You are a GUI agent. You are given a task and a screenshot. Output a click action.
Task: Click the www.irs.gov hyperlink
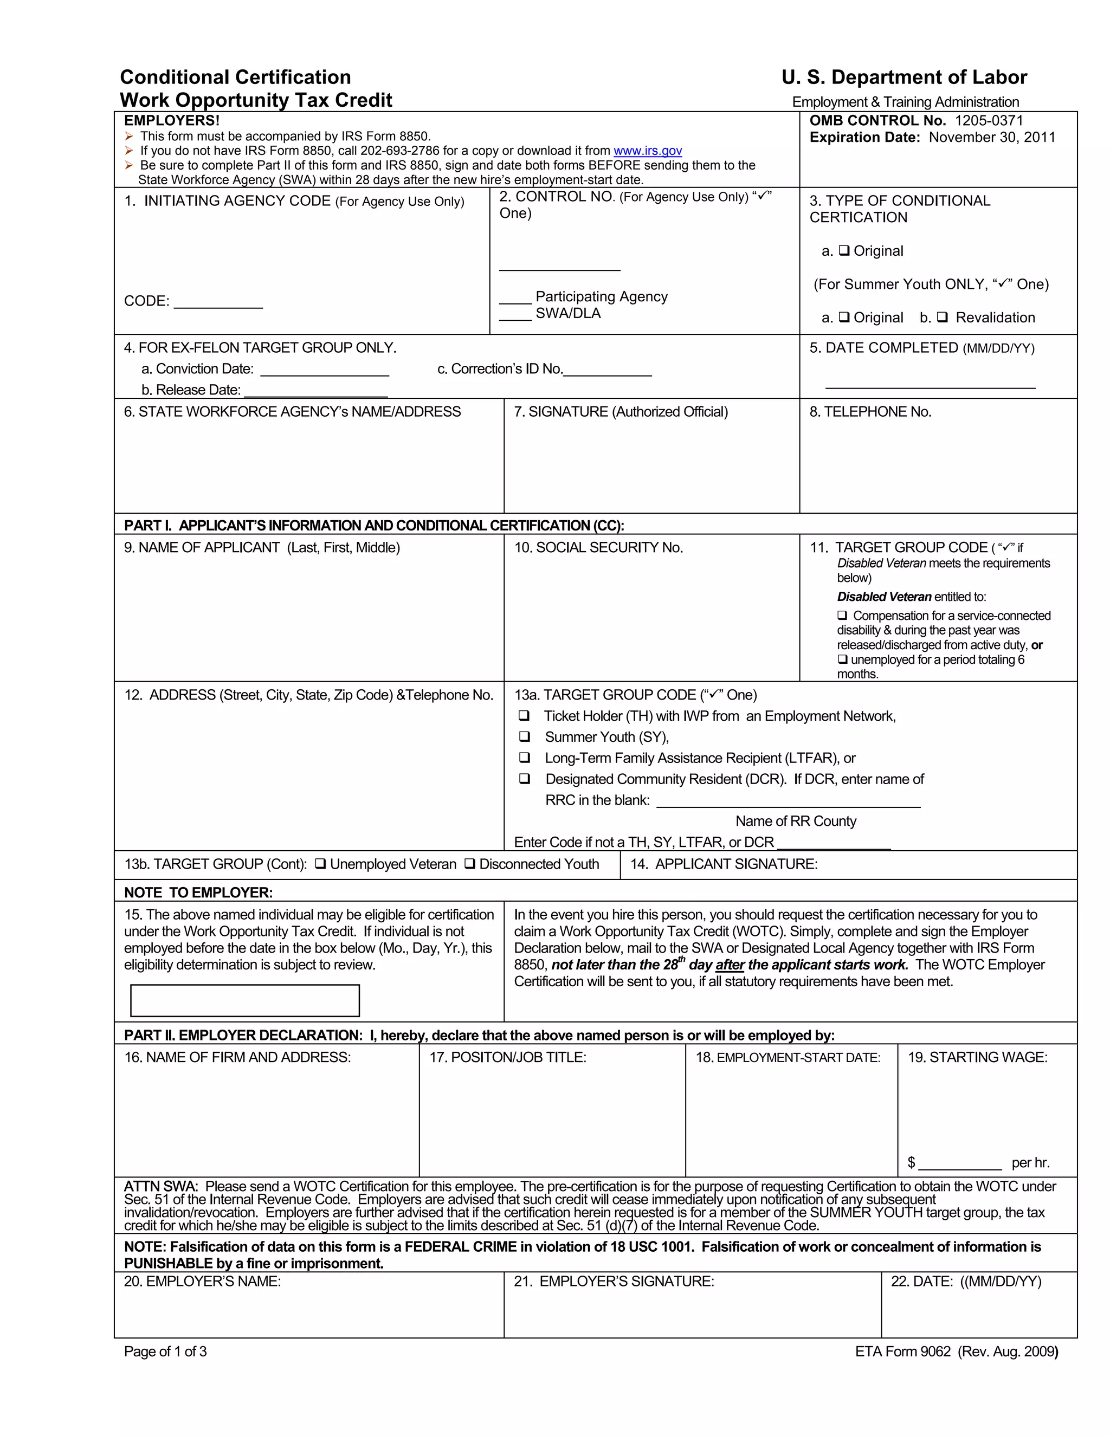click(647, 151)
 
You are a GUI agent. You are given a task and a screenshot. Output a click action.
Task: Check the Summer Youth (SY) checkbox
click(525, 736)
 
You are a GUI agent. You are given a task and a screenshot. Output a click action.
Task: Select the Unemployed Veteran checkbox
click(321, 864)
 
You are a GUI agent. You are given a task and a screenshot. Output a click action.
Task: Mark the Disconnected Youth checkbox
click(470, 864)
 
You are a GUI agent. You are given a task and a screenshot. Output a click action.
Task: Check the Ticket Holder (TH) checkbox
click(524, 715)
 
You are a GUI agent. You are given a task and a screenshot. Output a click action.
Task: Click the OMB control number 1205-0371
click(989, 120)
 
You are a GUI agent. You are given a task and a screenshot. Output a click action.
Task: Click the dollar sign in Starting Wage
click(911, 1162)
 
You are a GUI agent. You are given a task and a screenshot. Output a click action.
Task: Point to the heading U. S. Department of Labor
click(904, 77)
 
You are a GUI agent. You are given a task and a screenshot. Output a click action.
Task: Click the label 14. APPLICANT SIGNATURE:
click(724, 864)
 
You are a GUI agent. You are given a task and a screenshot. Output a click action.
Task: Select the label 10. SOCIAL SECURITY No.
click(598, 548)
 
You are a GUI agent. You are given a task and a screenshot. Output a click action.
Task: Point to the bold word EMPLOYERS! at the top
click(172, 120)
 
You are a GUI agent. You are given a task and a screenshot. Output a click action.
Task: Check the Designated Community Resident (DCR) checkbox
click(525, 779)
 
